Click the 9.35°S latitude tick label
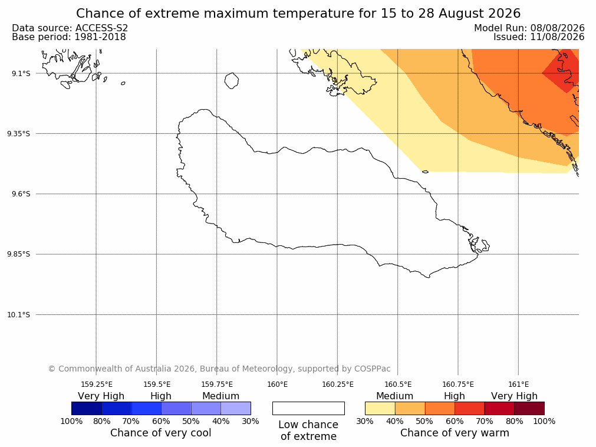(19, 134)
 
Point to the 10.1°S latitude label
(19, 315)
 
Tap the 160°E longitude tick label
(277, 384)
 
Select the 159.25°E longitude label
(97, 384)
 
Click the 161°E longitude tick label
(518, 384)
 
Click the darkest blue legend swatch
(87, 409)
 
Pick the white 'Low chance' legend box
(309, 409)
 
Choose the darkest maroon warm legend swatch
(529, 409)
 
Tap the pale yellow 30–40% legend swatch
(380, 409)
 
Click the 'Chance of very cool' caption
(161, 433)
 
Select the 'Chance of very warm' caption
(455, 433)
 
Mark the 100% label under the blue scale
(71, 422)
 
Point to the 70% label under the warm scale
(485, 422)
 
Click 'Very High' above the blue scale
(101, 396)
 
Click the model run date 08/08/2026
(558, 28)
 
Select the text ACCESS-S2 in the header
(102, 28)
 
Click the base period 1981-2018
(100, 37)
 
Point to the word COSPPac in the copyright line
(372, 369)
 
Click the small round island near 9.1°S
(232, 81)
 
